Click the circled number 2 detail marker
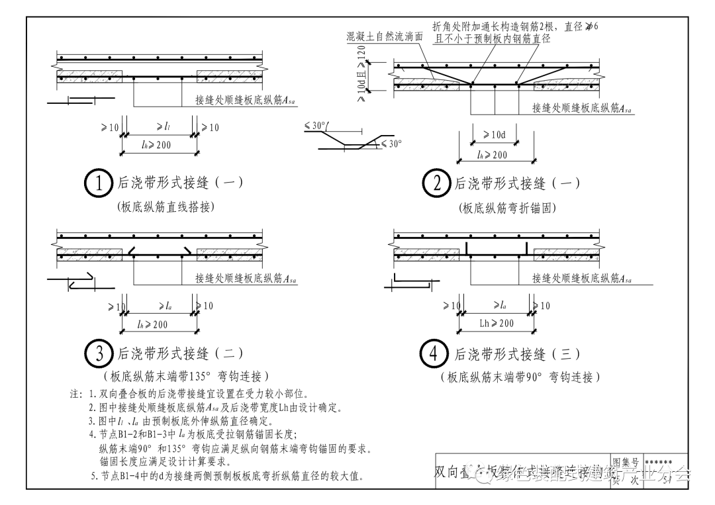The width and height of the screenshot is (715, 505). [436, 183]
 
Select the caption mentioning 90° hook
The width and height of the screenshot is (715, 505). [520, 377]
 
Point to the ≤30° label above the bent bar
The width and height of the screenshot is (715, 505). [318, 125]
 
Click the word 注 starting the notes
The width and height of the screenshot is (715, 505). [76, 394]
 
